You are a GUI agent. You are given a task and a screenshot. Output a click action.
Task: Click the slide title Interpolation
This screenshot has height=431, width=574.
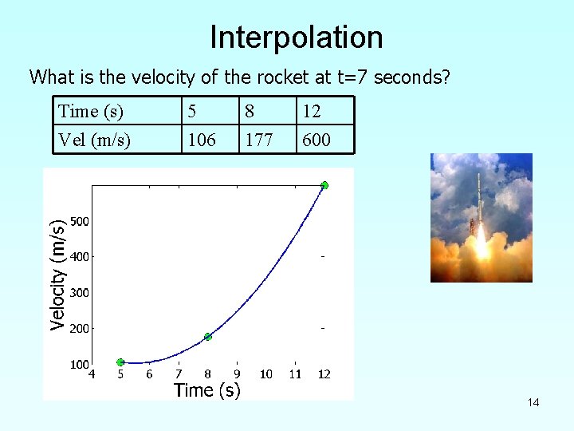click(x=297, y=38)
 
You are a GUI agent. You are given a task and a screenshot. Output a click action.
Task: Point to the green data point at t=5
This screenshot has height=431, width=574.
click(x=120, y=362)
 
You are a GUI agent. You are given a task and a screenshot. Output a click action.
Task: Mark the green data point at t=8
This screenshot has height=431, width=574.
click(x=207, y=337)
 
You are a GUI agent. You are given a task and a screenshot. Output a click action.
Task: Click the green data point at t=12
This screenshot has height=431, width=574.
click(x=324, y=185)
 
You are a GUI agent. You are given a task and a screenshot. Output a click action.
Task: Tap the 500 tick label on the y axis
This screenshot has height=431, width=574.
click(x=79, y=221)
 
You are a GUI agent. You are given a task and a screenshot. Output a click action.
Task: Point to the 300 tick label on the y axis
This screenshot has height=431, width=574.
click(x=79, y=293)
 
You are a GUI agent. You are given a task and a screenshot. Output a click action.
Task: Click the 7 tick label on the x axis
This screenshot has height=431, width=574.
click(x=179, y=374)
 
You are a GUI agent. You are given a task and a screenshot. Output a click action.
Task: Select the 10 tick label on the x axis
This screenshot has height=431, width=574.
click(x=266, y=374)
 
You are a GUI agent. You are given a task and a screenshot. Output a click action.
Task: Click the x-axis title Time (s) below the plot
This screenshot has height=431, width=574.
click(x=206, y=390)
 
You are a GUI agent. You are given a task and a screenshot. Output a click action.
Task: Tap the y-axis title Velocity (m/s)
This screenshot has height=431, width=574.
click(x=57, y=275)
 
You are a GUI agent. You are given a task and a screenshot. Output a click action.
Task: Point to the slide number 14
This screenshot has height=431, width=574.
click(x=533, y=402)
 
